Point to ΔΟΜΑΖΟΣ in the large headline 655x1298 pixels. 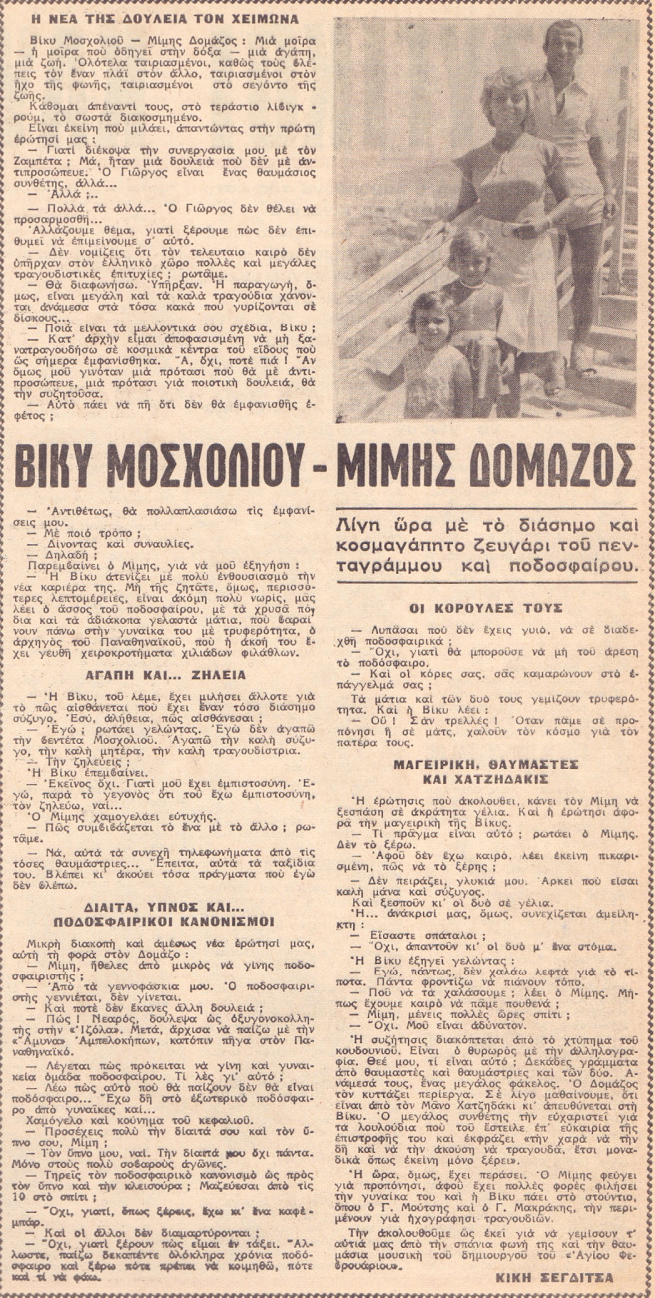click(566, 466)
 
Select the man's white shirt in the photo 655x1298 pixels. click(574, 125)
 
